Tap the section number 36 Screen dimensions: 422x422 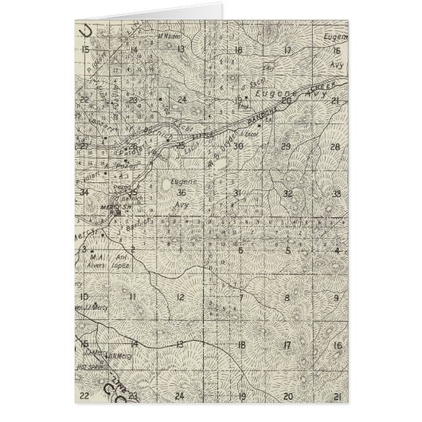(182, 193)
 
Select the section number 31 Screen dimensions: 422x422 (237, 193)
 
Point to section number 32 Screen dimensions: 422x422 (288, 193)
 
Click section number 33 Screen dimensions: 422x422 (338, 193)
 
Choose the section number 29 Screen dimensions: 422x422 (285, 147)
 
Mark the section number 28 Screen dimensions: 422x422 (335, 147)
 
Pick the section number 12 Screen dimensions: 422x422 (182, 297)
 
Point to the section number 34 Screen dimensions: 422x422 (83, 192)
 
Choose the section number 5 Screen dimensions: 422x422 (239, 250)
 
